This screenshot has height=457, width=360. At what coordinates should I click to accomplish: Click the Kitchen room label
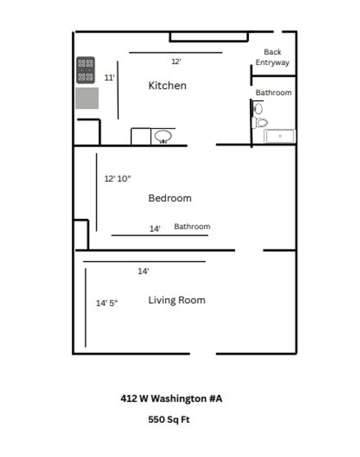(x=167, y=85)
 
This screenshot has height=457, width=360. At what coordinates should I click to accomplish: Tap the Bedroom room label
(x=170, y=198)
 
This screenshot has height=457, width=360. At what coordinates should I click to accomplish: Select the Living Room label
(x=177, y=300)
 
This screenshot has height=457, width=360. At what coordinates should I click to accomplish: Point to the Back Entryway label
(x=272, y=57)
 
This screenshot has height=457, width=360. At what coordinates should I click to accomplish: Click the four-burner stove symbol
(x=85, y=70)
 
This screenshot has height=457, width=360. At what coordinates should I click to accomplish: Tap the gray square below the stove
(x=87, y=98)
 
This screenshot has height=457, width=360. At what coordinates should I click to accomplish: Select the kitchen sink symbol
(x=163, y=136)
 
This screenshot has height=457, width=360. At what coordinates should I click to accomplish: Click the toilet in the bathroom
(x=260, y=123)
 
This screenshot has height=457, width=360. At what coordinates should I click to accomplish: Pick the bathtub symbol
(x=280, y=136)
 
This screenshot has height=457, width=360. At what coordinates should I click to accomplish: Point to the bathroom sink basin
(x=258, y=109)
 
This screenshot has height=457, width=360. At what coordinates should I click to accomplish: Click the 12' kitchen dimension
(x=176, y=61)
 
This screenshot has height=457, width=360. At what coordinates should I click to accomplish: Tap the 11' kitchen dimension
(x=109, y=78)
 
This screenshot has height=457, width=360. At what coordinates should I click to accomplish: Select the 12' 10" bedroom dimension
(x=117, y=179)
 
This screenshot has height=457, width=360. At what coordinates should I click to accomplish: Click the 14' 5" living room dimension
(x=107, y=303)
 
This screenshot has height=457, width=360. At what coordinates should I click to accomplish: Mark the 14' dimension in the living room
(x=143, y=271)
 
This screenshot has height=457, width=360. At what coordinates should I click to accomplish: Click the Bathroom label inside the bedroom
(x=192, y=226)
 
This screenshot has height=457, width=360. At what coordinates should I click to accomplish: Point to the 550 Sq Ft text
(x=169, y=420)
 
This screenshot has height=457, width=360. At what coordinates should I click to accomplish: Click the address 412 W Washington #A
(x=171, y=399)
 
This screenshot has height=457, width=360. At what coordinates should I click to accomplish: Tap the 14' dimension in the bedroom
(x=155, y=229)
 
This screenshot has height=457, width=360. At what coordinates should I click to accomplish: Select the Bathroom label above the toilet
(x=274, y=93)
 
